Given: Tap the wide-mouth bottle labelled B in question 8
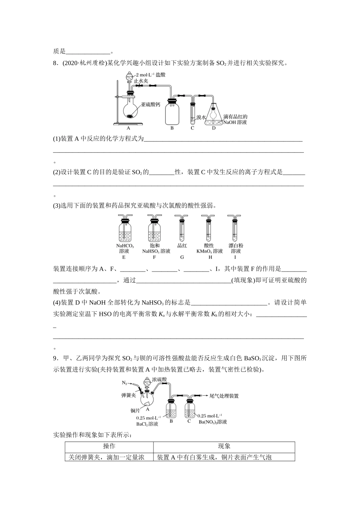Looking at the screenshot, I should (172, 112).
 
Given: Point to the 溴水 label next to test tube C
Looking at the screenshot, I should (201, 118).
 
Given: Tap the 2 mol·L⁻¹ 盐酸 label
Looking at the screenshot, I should (150, 75).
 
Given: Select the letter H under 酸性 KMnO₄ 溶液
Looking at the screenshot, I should (210, 258).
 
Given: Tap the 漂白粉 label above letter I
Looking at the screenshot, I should (236, 245).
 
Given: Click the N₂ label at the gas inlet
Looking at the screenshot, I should (125, 382).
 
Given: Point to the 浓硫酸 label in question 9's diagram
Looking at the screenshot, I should (159, 379).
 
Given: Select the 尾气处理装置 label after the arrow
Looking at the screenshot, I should (224, 396).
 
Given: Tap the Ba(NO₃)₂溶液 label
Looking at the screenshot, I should (213, 422).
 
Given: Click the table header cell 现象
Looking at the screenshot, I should (224, 447).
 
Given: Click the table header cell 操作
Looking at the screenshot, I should (109, 447).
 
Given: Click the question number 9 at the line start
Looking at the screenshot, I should (55, 358).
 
